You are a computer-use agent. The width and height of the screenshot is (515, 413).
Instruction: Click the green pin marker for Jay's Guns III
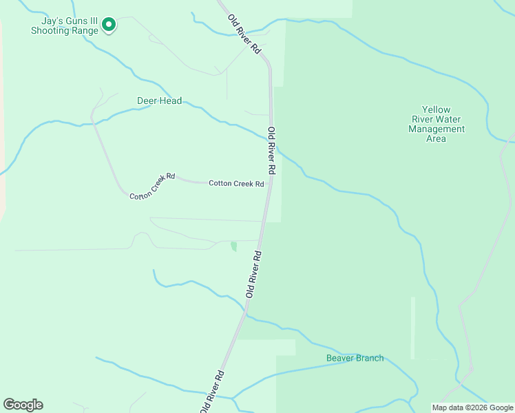[x=108, y=25]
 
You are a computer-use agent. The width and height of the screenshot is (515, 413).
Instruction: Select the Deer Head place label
[x=159, y=101]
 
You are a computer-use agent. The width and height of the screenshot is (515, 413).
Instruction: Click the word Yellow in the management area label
[x=436, y=109]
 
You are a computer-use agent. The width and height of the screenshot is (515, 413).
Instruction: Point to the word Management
[x=437, y=129]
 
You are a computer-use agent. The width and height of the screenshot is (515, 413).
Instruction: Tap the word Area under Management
[x=436, y=138]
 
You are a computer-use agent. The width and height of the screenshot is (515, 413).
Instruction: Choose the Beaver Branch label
[x=355, y=358]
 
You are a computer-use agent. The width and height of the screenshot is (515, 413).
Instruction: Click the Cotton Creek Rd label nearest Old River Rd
[x=236, y=184]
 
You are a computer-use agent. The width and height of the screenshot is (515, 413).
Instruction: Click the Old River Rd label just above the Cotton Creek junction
[x=272, y=150]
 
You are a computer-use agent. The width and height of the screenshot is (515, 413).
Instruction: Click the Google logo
[x=23, y=405]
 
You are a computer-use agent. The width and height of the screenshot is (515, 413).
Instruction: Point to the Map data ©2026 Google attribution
[x=472, y=407]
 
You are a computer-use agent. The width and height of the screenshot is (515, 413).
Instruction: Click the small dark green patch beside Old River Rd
[x=233, y=246]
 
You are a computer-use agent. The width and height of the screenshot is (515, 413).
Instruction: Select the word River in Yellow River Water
[x=436, y=119]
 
